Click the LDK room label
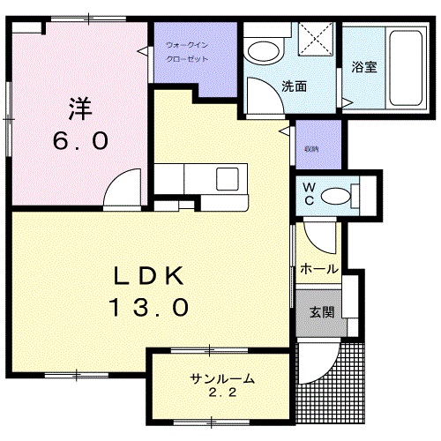coord(146,277)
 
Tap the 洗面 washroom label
coord(294,86)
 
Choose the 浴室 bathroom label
coord(363,67)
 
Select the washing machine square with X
coord(315,39)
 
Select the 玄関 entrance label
coord(320,310)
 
